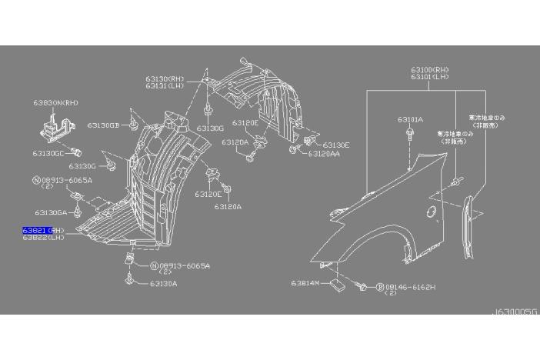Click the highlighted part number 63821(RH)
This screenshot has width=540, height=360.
pos(44,230)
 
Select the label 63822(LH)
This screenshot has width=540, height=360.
pos(44,237)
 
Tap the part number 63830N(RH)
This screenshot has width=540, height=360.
pos(55,102)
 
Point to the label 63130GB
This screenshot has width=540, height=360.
pos(103,125)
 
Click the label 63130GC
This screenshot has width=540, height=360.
pos(48,153)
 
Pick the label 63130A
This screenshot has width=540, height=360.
pos(163,283)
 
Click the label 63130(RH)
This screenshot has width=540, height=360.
pos(165,78)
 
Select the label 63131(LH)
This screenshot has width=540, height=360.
pos(165,85)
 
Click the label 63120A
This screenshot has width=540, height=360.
pos(228,206)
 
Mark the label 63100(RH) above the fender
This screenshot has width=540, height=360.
pos(430,71)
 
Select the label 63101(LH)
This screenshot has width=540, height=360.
pos(430,78)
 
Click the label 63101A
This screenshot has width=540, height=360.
pos(409,119)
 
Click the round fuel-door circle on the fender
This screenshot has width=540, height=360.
pos(432,210)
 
